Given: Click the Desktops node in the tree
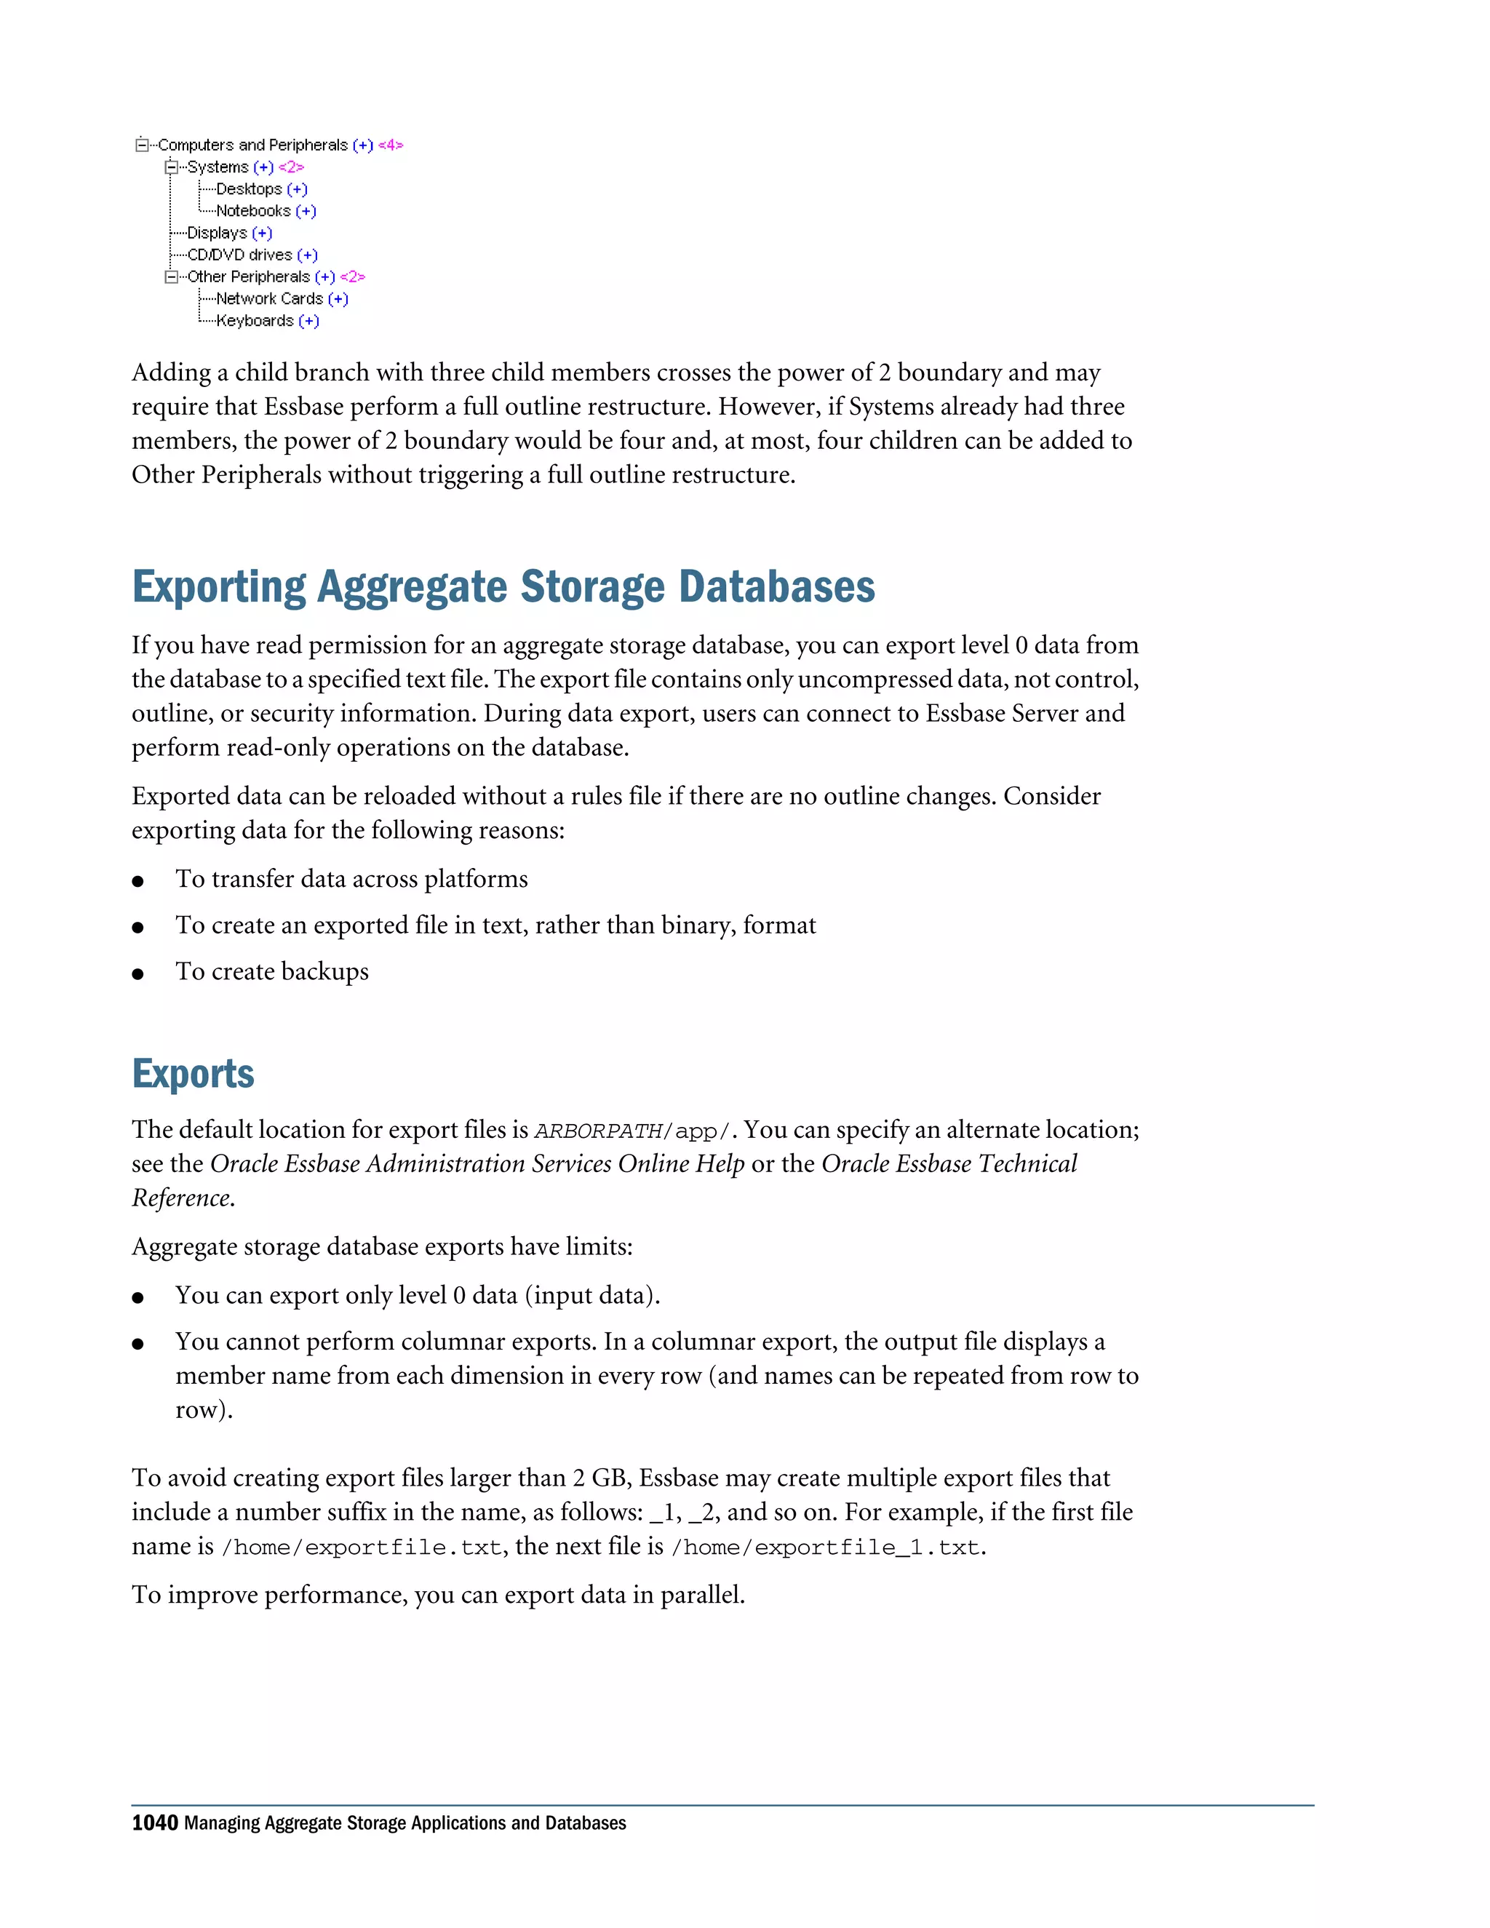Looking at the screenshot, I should coord(249,189).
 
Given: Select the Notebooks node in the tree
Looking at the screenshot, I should coord(253,211).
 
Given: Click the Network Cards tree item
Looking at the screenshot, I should coord(269,298).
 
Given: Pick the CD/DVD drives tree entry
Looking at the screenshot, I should coord(239,255).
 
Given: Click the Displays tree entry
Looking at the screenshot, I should coord(217,233).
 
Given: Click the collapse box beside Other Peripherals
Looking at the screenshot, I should coord(171,277).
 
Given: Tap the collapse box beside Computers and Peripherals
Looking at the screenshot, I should coord(142,145).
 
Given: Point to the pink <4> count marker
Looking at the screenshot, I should coord(391,145).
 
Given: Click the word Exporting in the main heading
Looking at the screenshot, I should coord(219,587).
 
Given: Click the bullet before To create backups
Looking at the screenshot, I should coord(138,973).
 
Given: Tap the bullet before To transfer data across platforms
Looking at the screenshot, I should coord(138,881).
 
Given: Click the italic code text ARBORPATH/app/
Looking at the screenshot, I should coord(633,1131).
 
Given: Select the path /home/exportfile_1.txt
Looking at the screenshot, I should coord(825,1547).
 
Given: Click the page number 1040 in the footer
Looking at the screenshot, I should coord(154,1823).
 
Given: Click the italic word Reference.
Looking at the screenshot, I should coord(182,1198).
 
